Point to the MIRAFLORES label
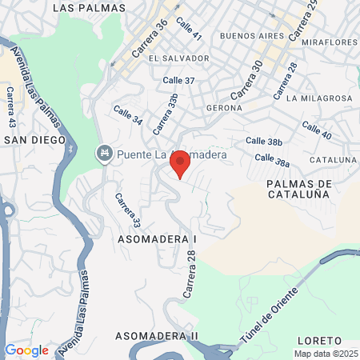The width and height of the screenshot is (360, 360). click(x=329, y=41)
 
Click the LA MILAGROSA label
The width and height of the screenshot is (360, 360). click(x=319, y=98)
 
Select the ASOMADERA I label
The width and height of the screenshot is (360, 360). click(x=157, y=238)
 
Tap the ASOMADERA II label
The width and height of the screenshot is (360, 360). click(x=156, y=334)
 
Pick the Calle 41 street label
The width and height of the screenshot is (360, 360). click(x=190, y=30)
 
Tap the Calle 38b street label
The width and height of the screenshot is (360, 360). click(x=264, y=142)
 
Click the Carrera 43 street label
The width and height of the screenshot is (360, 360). click(x=11, y=107)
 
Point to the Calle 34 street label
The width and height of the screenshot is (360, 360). click(x=128, y=116)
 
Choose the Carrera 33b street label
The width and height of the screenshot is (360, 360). click(x=164, y=114)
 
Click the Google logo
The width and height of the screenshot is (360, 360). click(x=26, y=350)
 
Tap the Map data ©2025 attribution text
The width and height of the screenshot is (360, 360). click(x=325, y=354)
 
